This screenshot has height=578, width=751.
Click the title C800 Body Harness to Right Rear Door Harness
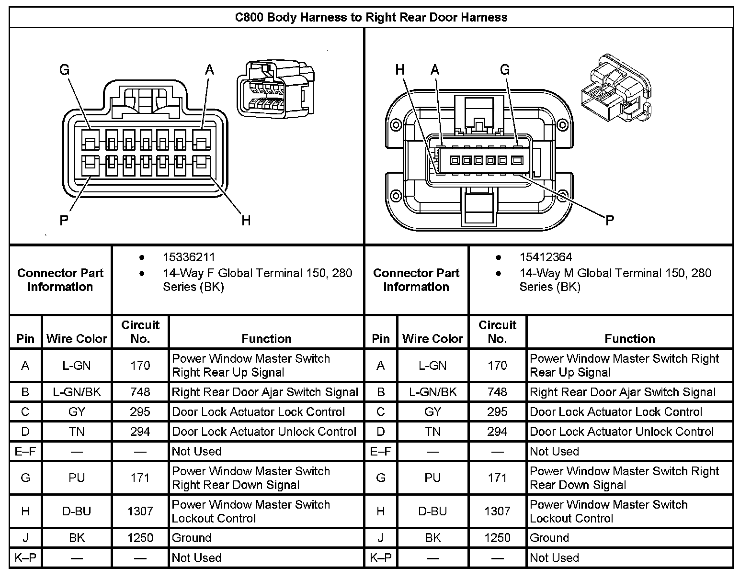(371, 18)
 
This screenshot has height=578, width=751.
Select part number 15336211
(189, 257)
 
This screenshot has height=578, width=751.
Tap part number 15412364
(546, 257)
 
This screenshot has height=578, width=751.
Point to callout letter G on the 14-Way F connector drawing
(64, 70)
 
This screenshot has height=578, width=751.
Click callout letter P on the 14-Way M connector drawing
(609, 220)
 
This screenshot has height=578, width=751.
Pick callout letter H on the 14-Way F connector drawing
(246, 221)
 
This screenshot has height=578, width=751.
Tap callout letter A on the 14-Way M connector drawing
(434, 70)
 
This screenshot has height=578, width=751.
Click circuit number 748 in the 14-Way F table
(140, 392)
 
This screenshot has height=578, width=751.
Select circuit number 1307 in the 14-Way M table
(497, 511)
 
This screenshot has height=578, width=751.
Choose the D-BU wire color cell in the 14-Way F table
(77, 511)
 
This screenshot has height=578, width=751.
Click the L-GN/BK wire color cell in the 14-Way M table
(432, 392)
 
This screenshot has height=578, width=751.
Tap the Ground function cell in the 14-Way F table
(192, 538)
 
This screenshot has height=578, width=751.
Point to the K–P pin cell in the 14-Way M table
(381, 558)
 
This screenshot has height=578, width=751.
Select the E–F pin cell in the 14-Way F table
(25, 451)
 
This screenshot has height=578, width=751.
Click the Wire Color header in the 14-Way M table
(432, 339)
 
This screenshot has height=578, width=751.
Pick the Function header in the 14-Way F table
(266, 339)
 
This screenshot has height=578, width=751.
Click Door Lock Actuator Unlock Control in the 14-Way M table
(622, 432)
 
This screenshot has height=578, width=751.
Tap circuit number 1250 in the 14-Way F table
(140, 538)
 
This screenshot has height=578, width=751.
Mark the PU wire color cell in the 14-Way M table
(432, 478)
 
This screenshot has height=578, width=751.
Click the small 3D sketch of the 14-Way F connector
(275, 89)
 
